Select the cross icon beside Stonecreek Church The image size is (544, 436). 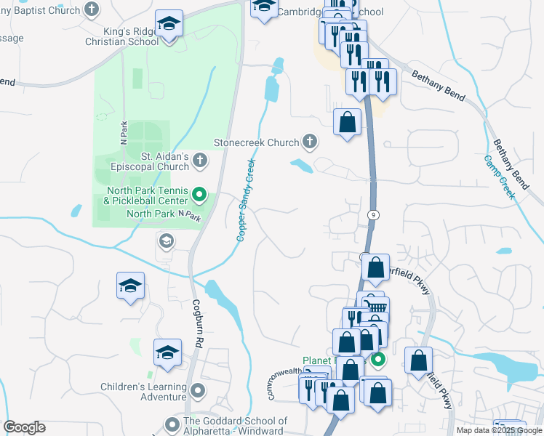click(310, 142)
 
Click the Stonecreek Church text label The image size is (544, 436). click(256, 142)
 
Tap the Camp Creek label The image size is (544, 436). click(500, 177)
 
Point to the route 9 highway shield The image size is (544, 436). click(373, 215)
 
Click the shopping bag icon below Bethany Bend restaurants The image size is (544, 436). click(348, 121)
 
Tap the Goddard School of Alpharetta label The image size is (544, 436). click(236, 426)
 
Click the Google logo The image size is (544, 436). click(24, 427)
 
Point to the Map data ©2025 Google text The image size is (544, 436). click(499, 430)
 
